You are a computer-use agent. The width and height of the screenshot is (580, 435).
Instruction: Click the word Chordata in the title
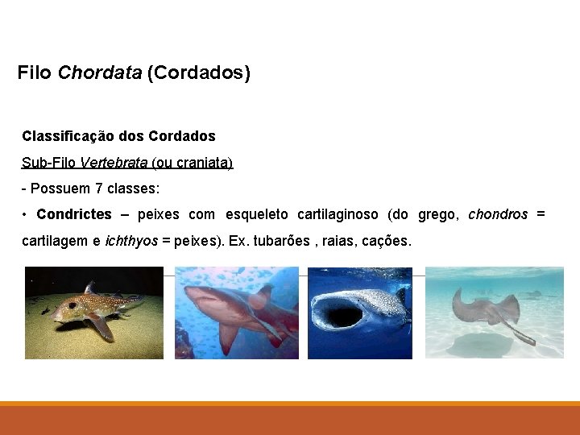(x=100, y=73)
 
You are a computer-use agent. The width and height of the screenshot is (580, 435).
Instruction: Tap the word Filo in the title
(x=35, y=73)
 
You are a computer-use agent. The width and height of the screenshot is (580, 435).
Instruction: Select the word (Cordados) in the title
(x=199, y=73)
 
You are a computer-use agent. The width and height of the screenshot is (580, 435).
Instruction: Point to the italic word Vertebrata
(x=114, y=163)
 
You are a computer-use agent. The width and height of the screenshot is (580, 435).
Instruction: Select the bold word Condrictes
(x=74, y=214)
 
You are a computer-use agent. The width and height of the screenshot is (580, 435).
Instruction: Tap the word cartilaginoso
(x=338, y=214)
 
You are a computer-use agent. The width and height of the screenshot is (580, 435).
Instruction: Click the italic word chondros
(x=498, y=214)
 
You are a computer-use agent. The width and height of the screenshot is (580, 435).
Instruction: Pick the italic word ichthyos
(x=131, y=241)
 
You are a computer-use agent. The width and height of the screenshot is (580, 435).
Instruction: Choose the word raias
(x=339, y=241)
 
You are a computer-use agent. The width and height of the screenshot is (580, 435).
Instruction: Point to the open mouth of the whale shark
(x=341, y=317)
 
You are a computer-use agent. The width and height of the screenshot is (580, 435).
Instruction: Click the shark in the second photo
(x=234, y=310)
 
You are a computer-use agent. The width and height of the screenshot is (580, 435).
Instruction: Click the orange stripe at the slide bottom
(x=290, y=404)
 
